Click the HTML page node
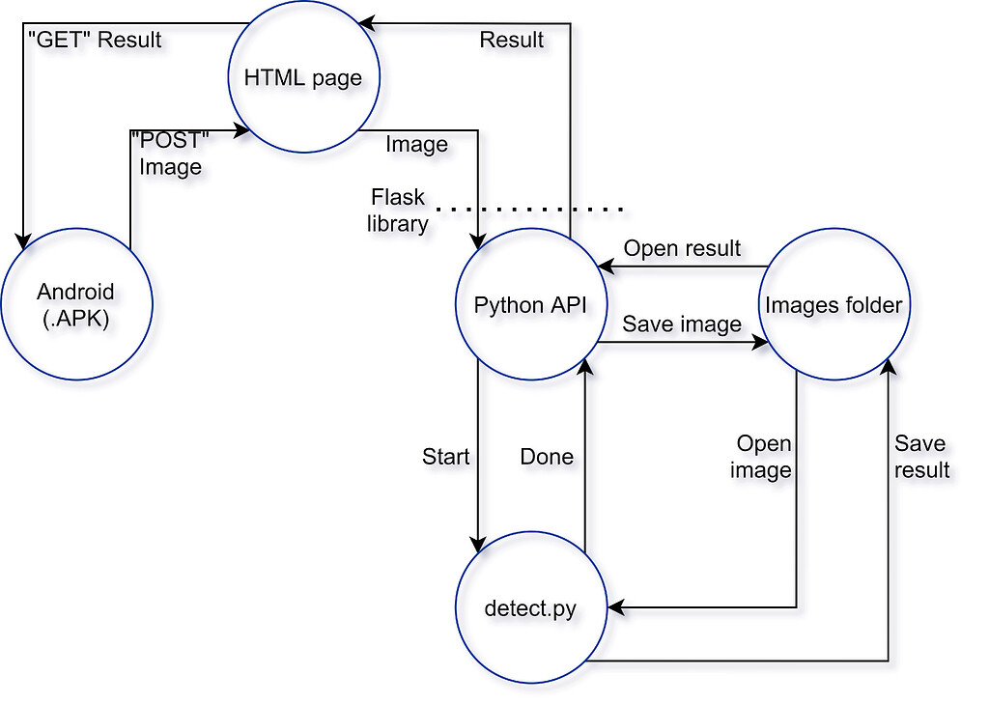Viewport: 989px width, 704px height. pos(303,77)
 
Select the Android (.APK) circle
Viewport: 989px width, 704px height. pos(76,304)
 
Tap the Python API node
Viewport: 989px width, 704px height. pos(531,304)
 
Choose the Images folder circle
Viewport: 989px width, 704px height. pos(834,304)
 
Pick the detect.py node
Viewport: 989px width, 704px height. pos(531,607)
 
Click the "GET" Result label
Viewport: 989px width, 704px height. pos(96,40)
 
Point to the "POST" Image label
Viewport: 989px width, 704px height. pos(170,154)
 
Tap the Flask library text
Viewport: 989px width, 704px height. pos(398,211)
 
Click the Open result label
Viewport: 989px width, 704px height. pos(682,248)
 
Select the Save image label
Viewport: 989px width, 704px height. pos(682,324)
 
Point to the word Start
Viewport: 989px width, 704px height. pos(445,456)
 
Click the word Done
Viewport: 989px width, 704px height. pos(547,456)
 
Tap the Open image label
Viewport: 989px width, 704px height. pos(761,457)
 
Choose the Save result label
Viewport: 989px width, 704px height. pos(921,457)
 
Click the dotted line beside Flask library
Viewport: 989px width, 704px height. pos(530,209)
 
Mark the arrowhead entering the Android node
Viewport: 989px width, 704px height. pos(23,241)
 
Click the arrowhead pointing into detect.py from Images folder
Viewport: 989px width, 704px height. pos(616,607)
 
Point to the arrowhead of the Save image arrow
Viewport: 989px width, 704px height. pos(760,343)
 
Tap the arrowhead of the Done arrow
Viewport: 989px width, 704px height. pos(585,367)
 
